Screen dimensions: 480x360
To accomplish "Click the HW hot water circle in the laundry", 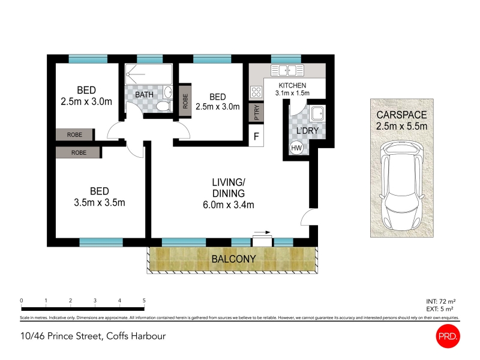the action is pyautogui.click(x=296, y=148).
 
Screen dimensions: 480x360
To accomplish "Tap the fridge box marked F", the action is pyautogui.click(x=256, y=136).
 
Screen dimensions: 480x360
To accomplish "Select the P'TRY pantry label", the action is pyautogui.click(x=257, y=112).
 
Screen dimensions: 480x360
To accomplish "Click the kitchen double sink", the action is pyautogui.click(x=287, y=70).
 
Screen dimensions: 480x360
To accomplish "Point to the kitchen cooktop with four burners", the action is pyautogui.click(x=256, y=92).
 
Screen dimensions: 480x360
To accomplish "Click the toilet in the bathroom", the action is pyautogui.click(x=164, y=107).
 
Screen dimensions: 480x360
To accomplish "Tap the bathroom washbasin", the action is pyautogui.click(x=168, y=92).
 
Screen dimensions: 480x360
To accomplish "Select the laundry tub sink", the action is pyautogui.click(x=317, y=113).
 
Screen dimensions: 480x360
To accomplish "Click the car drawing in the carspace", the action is pyautogui.click(x=401, y=185).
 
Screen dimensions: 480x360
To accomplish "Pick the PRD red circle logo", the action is pyautogui.click(x=448, y=336).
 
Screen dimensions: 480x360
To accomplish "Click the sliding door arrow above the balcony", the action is pyautogui.click(x=262, y=232).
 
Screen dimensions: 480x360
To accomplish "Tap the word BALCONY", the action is pyautogui.click(x=233, y=259).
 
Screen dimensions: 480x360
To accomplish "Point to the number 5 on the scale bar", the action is pyautogui.click(x=144, y=301).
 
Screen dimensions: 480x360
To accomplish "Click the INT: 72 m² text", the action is pyautogui.click(x=441, y=302).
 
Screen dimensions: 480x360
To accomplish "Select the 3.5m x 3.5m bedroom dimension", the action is pyautogui.click(x=100, y=203).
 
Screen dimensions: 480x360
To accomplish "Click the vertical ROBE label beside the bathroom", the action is pyautogui.click(x=185, y=101).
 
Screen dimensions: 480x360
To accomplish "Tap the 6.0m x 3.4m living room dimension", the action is pyautogui.click(x=229, y=205).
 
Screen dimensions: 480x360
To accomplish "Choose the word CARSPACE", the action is pyautogui.click(x=401, y=115).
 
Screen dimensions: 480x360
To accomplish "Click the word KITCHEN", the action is pyautogui.click(x=292, y=85).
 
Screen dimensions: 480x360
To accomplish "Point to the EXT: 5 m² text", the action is pyautogui.click(x=440, y=309).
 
